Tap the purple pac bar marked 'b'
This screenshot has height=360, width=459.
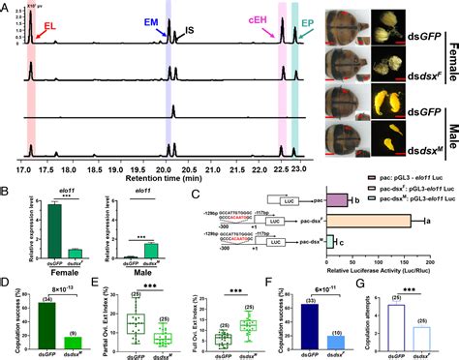coord(335,198)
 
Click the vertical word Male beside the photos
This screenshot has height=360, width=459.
coord(450,122)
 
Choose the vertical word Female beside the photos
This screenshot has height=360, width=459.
coord(450,44)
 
